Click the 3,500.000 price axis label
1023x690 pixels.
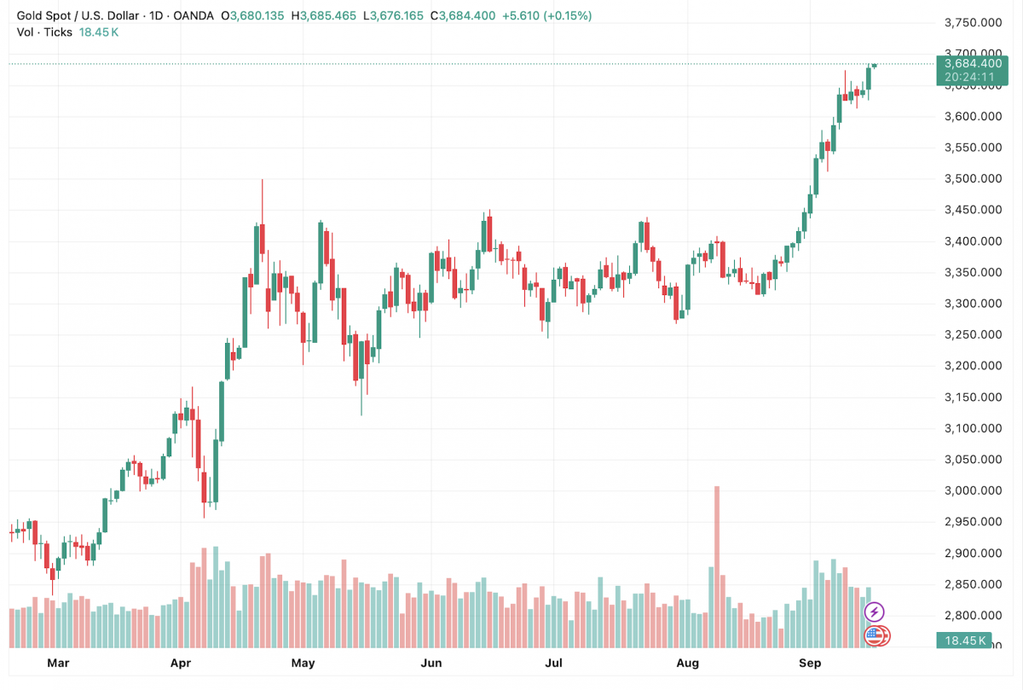tap(974, 179)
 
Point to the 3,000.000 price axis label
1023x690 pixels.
tap(974, 491)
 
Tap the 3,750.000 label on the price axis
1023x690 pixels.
tap(974, 23)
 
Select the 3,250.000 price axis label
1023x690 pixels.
tap(974, 335)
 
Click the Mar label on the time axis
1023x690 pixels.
tap(58, 663)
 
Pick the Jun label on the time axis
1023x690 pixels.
tap(431, 663)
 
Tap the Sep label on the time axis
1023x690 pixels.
tap(810, 663)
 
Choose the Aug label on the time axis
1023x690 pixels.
tap(687, 663)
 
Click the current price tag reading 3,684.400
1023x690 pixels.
tap(973, 63)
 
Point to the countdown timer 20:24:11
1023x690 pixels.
tap(973, 77)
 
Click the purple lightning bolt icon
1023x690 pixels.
tap(875, 612)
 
